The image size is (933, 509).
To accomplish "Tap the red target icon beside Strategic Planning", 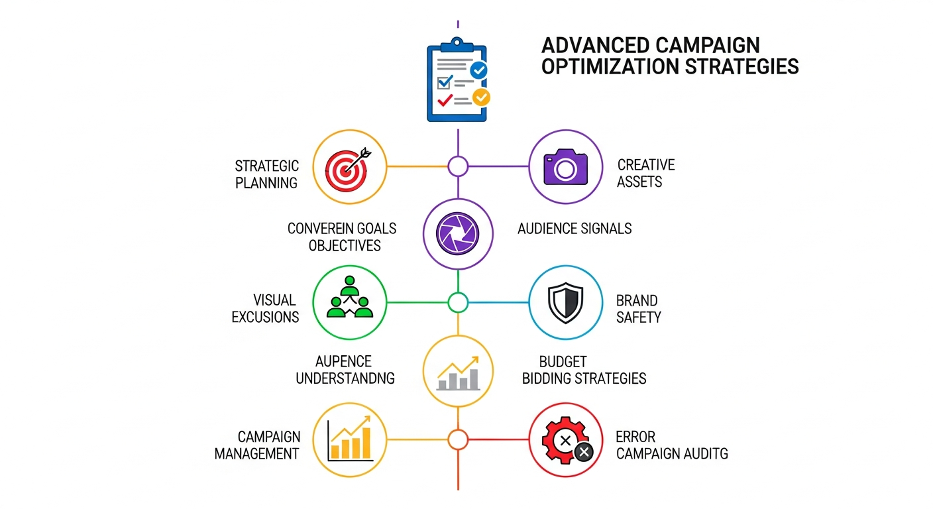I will click(349, 166).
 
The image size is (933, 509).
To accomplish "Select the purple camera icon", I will click(565, 166).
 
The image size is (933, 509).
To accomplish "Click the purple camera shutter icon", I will click(457, 233).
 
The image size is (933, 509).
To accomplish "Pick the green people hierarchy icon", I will click(349, 302).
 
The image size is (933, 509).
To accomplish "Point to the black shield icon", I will click(565, 303).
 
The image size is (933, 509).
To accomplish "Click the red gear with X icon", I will click(565, 439).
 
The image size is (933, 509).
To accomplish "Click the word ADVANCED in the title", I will click(596, 46).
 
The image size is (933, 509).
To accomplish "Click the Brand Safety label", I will click(638, 308).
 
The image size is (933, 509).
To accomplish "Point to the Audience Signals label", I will click(574, 229).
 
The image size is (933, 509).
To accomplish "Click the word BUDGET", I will click(563, 361).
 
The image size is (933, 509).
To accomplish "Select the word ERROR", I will click(635, 437).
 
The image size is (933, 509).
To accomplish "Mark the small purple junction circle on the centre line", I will click(458, 166).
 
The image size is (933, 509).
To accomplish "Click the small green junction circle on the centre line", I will click(458, 302).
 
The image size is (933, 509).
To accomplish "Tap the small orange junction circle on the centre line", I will click(458, 439).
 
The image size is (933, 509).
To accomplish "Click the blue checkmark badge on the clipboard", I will click(478, 70).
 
